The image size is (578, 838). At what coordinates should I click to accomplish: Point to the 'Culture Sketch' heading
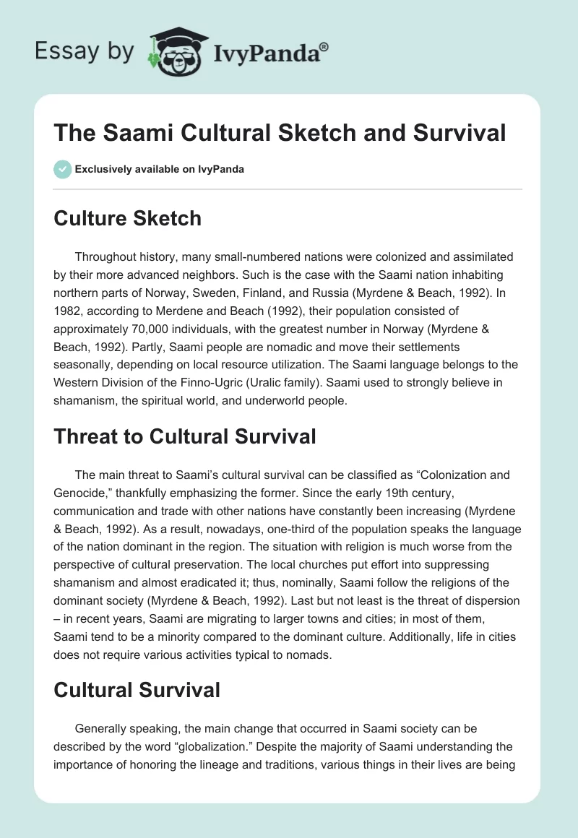click(127, 218)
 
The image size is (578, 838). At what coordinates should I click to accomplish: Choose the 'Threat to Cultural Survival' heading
click(185, 436)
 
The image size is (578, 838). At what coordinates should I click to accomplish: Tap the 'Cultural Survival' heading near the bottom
click(137, 690)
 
